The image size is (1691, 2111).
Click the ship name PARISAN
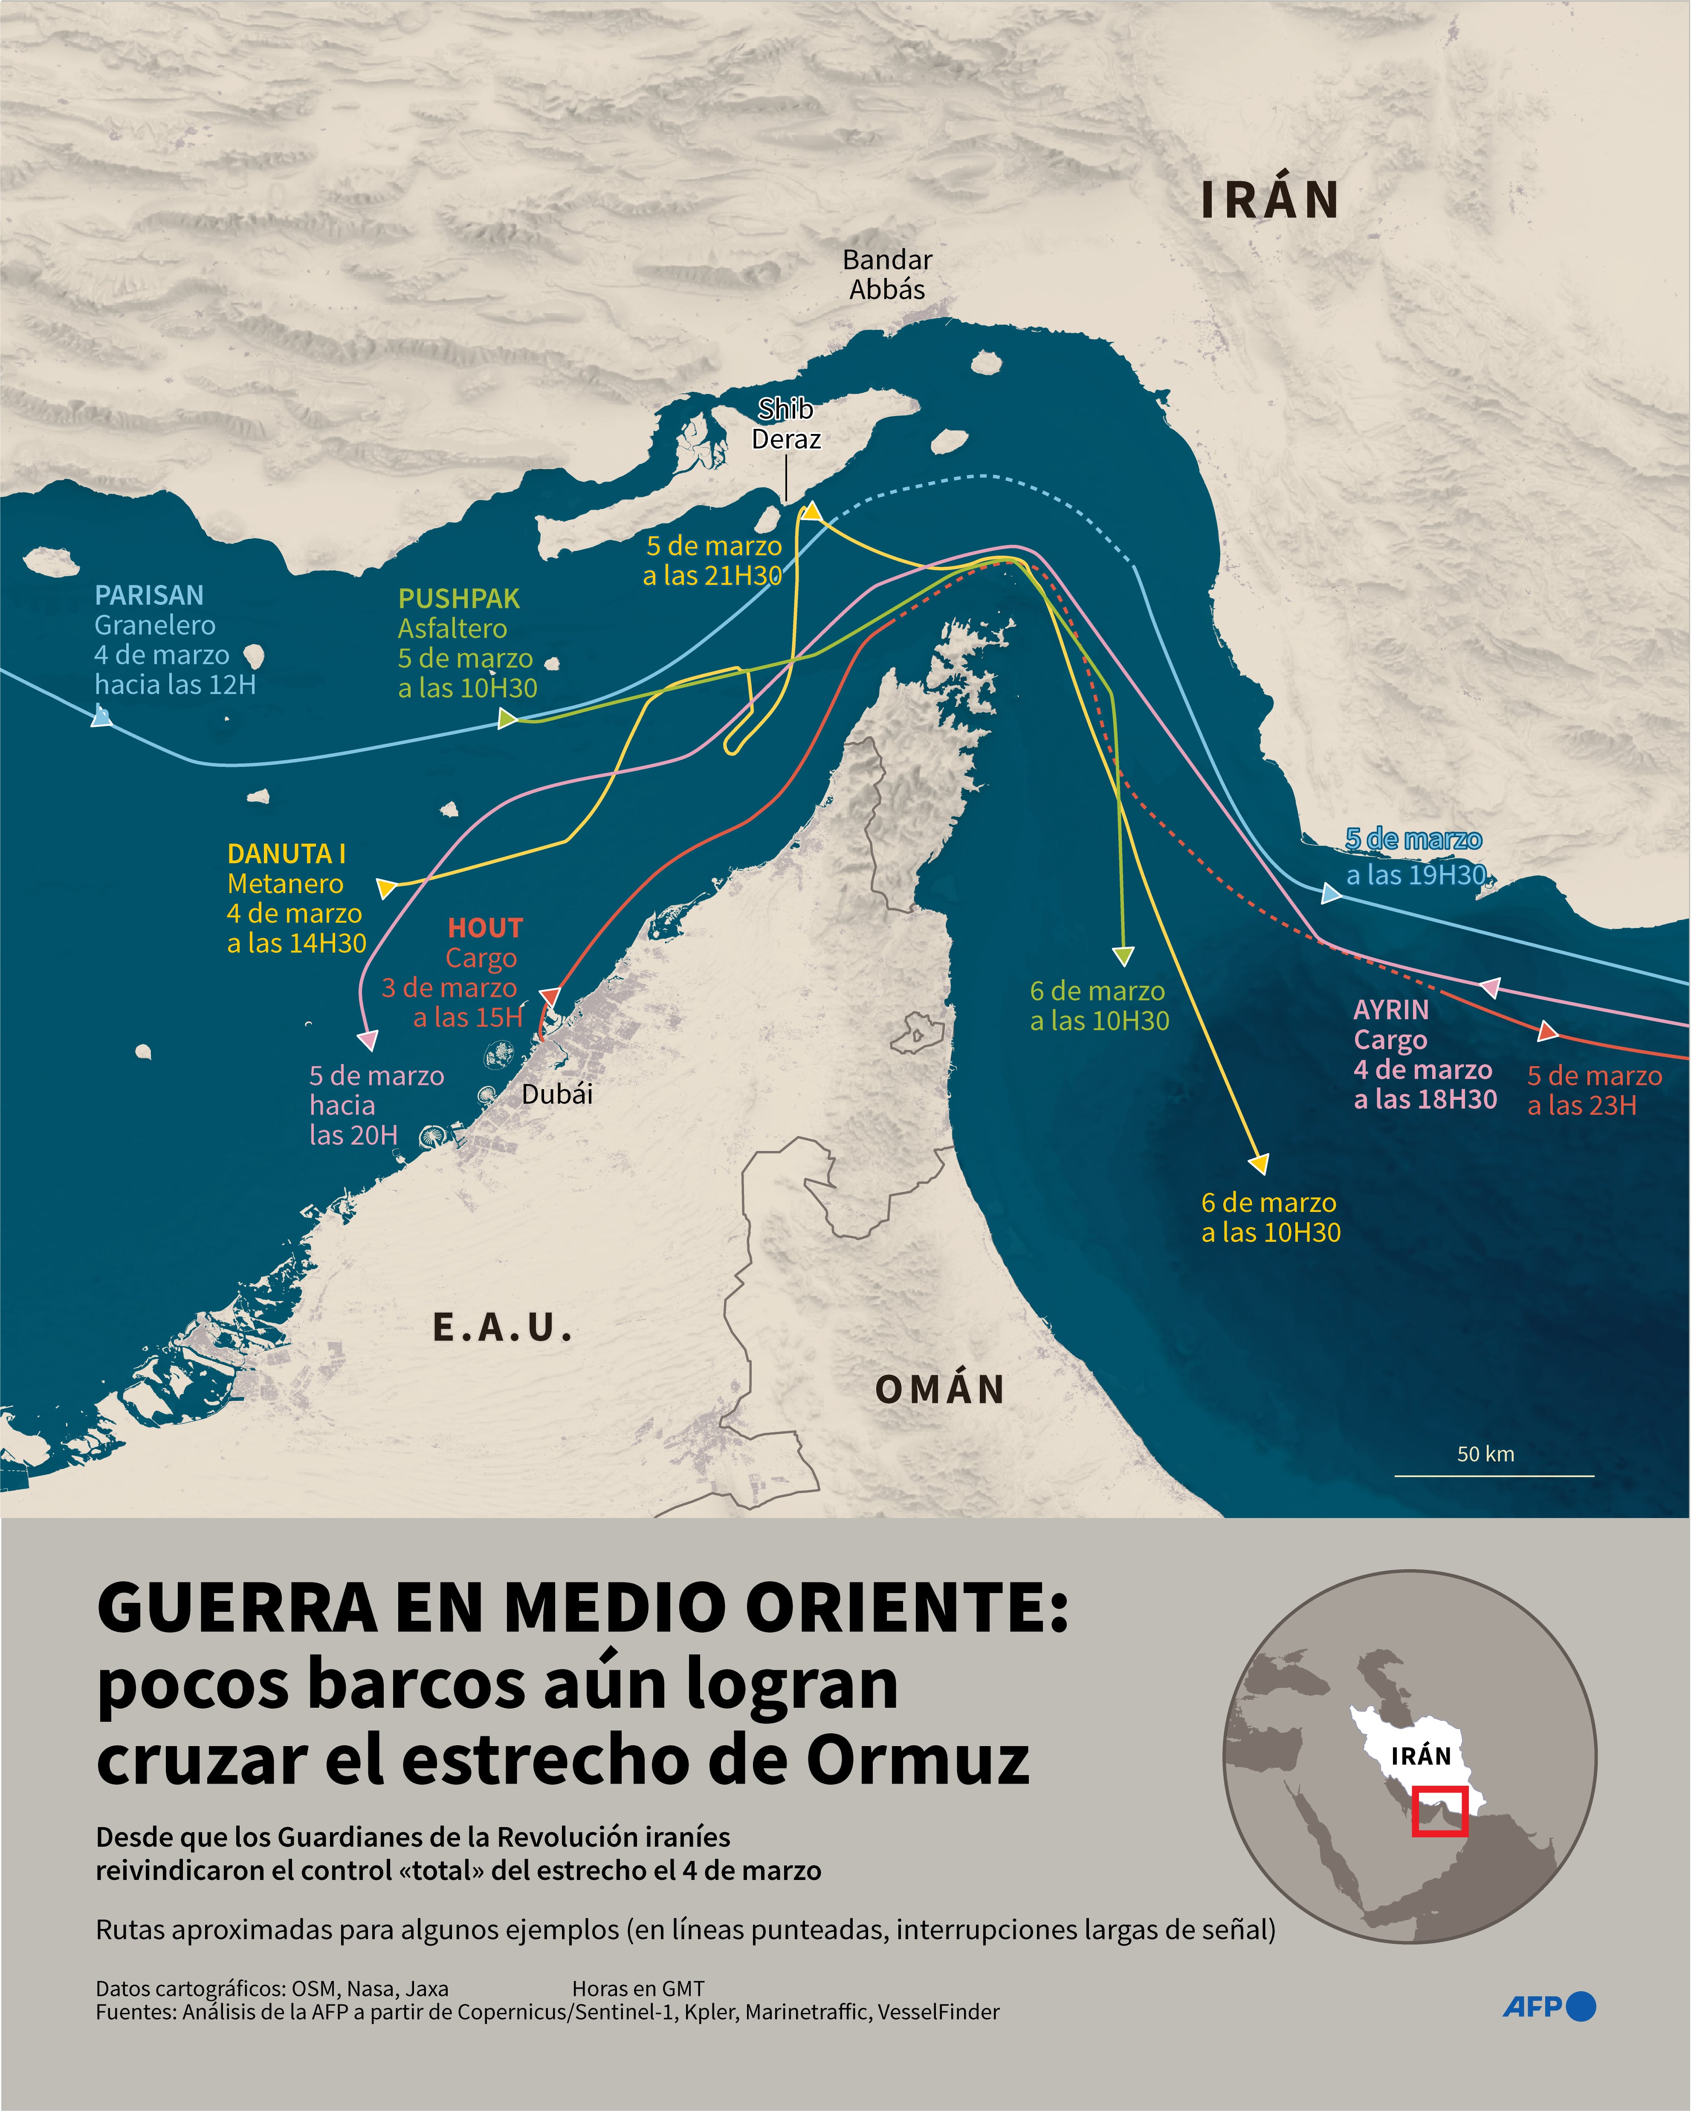click(149, 595)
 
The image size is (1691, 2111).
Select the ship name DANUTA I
click(286, 854)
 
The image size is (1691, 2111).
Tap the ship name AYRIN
click(1390, 1009)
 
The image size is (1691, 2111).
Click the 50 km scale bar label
click(1485, 1454)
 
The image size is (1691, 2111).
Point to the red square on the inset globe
click(1439, 1810)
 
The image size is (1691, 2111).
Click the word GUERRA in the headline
click(237, 1609)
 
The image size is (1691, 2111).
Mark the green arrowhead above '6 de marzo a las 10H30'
click(1124, 956)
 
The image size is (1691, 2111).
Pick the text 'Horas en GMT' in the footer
click(638, 1989)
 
